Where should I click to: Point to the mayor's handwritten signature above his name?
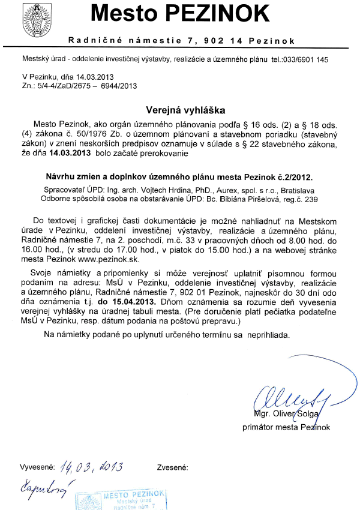[287, 398]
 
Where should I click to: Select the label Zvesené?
[173, 466]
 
